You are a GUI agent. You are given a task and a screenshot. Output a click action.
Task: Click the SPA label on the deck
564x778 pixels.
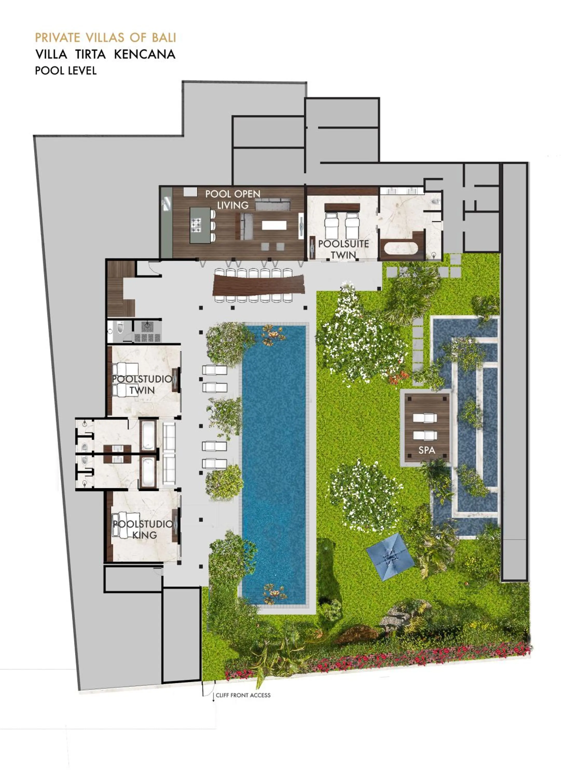pos(427,450)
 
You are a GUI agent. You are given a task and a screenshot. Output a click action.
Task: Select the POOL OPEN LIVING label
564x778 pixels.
pos(233,199)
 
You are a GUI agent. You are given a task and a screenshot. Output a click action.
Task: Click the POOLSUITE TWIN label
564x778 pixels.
pos(343,249)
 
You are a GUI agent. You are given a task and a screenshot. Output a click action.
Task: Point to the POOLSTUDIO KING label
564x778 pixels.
pos(143,529)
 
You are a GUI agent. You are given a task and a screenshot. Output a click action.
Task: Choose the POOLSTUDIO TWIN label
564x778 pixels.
pos(142,385)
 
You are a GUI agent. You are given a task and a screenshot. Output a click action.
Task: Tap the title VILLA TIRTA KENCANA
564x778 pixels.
pos(105,54)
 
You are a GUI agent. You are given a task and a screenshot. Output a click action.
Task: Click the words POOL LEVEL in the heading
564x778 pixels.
pos(66,71)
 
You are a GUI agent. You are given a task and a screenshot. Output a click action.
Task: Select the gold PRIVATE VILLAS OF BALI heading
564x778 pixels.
pos(106,37)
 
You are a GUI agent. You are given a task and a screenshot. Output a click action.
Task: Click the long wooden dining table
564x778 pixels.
pos(258,285)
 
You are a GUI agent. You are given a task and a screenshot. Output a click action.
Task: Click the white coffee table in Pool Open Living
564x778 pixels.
pos(274,225)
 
